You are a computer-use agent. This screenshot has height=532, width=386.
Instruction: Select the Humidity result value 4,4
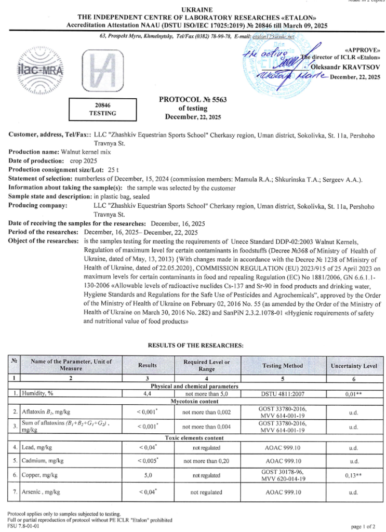[x=147, y=394]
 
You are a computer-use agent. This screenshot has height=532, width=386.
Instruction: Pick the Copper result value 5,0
[x=147, y=475]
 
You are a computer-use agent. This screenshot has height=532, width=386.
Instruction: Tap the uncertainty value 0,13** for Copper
[x=353, y=475]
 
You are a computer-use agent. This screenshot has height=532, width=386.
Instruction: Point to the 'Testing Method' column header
[x=283, y=365]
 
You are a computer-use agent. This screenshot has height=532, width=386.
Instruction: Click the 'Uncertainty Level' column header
[x=353, y=365]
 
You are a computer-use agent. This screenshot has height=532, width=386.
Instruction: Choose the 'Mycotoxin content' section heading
[x=194, y=402]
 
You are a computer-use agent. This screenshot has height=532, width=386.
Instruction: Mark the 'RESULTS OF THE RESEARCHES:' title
[x=193, y=345]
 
